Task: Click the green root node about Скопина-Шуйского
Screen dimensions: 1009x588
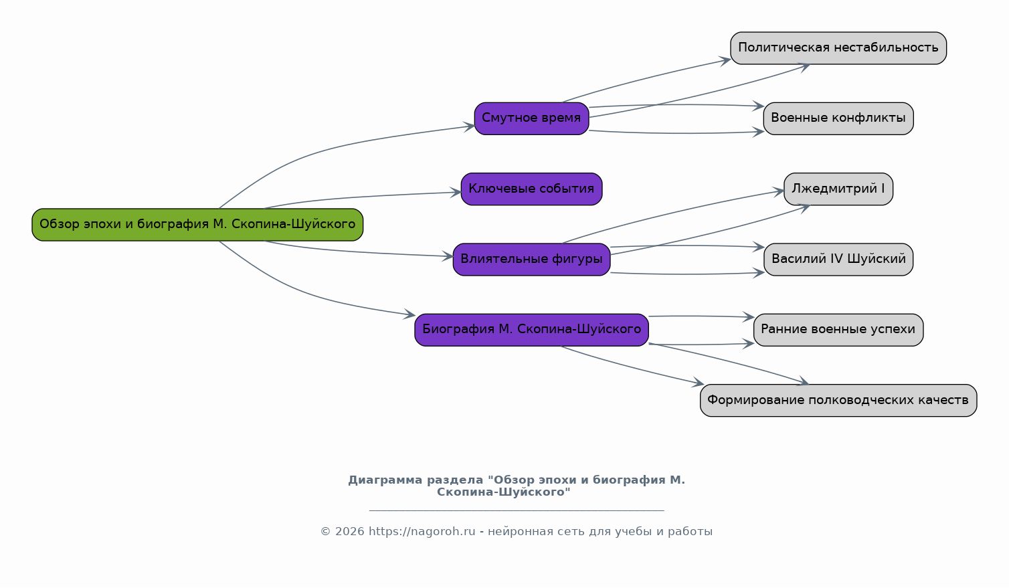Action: (x=197, y=225)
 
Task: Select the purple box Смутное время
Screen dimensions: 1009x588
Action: (x=531, y=118)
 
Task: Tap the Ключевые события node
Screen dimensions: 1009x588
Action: (x=531, y=189)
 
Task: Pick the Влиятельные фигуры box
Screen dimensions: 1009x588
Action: (x=531, y=260)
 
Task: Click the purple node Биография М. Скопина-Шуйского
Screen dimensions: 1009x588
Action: (x=531, y=330)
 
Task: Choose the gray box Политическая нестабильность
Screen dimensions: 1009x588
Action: (x=838, y=48)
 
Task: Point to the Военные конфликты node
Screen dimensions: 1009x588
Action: (x=838, y=118)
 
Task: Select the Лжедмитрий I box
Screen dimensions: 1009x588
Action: (x=838, y=189)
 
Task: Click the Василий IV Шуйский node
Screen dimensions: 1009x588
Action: (x=838, y=260)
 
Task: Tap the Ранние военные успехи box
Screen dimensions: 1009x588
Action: (x=838, y=330)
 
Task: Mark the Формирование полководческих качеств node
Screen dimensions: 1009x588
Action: (x=838, y=400)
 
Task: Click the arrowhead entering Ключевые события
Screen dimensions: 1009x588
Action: (x=456, y=192)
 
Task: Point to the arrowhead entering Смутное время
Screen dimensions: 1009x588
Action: (x=469, y=126)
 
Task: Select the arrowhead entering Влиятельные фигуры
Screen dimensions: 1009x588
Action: (x=448, y=256)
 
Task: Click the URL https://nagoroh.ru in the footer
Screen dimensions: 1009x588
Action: (x=422, y=532)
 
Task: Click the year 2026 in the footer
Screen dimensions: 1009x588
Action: (x=349, y=532)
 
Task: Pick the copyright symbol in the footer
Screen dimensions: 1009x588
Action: (x=326, y=532)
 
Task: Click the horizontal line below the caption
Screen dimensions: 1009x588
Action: (x=517, y=510)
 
